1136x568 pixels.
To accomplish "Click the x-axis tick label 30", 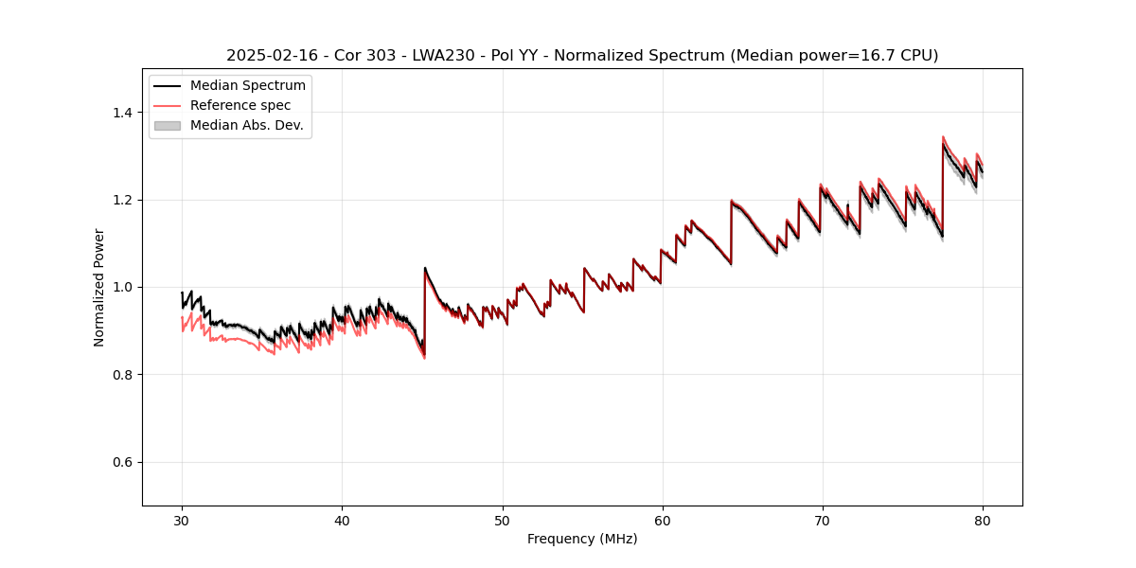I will [182, 520].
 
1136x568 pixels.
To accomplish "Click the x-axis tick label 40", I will [342, 520].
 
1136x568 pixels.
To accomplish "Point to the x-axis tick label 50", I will [502, 520].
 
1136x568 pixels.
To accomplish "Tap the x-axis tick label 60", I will [662, 520].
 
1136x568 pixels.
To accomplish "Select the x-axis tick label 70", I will [823, 520].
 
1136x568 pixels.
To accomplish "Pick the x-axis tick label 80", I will [983, 520].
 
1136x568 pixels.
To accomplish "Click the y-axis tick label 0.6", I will [122, 462].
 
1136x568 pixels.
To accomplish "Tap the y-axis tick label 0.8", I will [122, 375].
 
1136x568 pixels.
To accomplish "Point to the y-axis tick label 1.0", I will [122, 287].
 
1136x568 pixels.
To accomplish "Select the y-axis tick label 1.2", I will [122, 200].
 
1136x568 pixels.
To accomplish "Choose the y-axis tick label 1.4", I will [122, 113].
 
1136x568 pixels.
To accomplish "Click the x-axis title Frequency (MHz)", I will [582, 539].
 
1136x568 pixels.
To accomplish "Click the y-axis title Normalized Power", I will [99, 287].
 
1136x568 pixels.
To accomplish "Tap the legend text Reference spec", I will [240, 105].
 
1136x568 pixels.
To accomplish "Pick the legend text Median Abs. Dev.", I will [246, 125].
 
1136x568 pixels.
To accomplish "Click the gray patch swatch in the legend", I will [167, 125].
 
